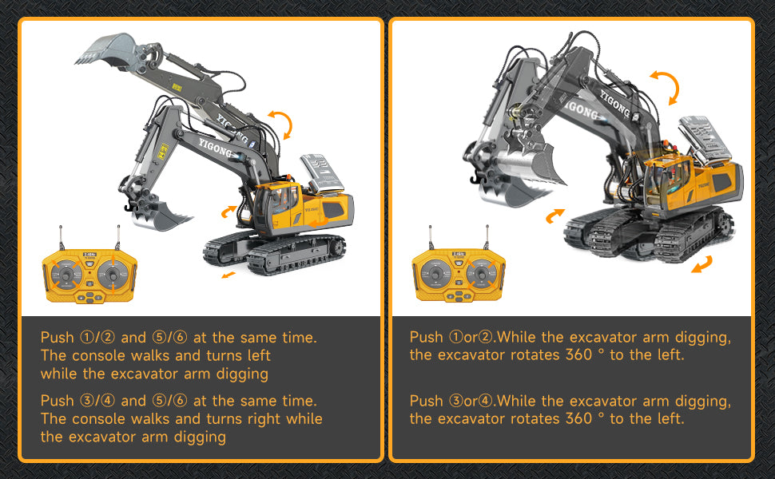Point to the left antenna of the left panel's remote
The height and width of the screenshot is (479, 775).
[x=62, y=238]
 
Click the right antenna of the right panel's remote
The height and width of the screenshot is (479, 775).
[x=487, y=237]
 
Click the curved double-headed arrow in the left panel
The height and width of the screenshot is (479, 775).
[x=281, y=124]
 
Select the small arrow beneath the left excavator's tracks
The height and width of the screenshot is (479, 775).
[x=229, y=275]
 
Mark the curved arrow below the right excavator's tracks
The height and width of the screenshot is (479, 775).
[x=701, y=264]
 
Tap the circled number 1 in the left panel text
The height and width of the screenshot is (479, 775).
[x=86, y=337]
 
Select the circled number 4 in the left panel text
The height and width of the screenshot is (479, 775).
[x=108, y=401]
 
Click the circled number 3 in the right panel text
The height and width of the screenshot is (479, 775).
[x=455, y=401]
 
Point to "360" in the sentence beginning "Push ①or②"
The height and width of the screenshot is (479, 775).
[x=578, y=354]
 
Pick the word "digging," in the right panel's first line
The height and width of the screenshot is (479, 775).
[x=703, y=338]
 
